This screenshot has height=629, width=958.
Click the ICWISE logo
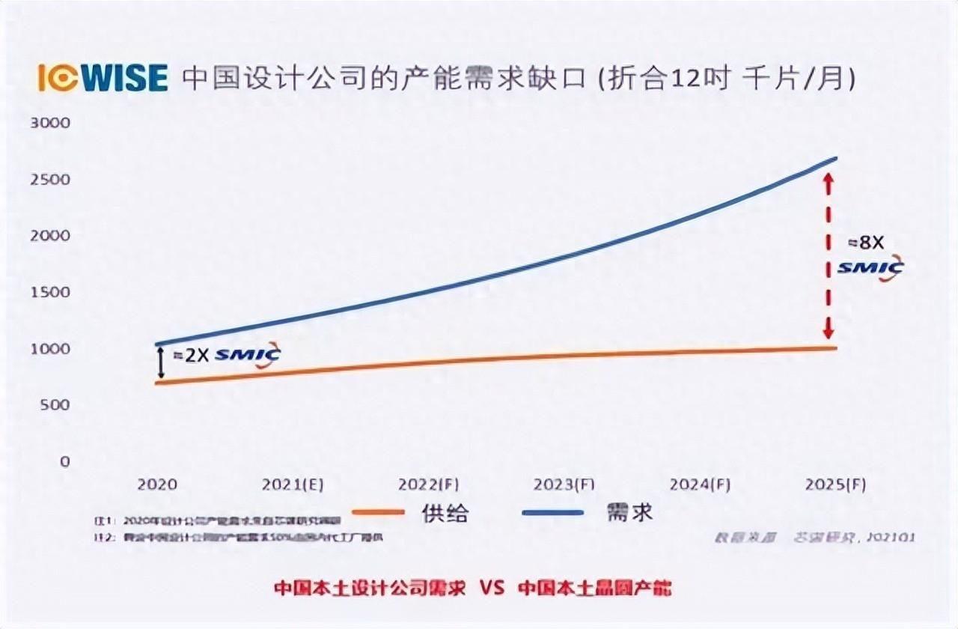103,78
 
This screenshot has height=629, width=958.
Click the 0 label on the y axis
64,461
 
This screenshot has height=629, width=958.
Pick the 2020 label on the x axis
157,484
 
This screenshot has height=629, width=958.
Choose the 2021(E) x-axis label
293,484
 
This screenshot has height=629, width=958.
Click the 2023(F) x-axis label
564,484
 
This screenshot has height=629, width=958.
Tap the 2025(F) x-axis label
835,484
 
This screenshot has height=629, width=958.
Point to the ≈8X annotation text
866,243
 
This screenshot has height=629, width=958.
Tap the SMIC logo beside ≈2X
247,354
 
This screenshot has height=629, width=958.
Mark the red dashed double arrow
828,255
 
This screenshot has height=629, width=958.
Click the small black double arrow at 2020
160,363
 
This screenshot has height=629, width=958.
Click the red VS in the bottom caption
492,588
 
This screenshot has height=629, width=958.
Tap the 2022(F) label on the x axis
428,484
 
